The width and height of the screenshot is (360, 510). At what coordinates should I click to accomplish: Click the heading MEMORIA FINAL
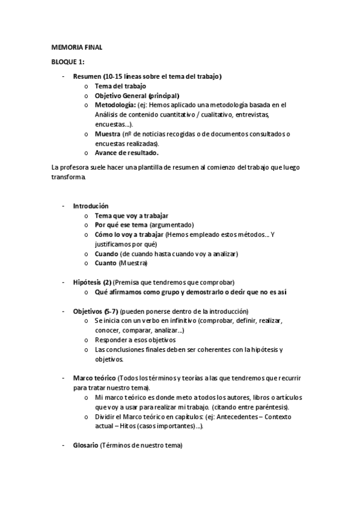(76, 47)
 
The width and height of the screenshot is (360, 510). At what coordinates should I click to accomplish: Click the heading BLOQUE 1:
(67, 62)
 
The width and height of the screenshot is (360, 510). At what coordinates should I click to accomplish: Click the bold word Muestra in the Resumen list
(107, 134)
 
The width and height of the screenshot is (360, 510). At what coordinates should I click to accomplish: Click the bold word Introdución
(91, 206)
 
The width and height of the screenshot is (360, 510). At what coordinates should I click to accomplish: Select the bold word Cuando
(106, 254)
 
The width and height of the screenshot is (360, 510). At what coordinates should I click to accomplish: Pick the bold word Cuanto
(106, 263)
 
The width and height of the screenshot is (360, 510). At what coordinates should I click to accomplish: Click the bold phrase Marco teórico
(94, 378)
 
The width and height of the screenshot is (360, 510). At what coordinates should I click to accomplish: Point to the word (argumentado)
(171, 225)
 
